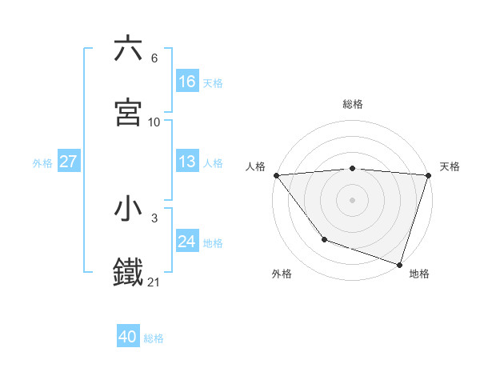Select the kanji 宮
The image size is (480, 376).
[x=128, y=112]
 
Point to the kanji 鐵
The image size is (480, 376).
[x=128, y=272]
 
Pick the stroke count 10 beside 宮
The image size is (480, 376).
[x=154, y=122]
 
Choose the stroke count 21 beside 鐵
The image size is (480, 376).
[x=154, y=282]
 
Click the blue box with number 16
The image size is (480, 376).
[x=187, y=81]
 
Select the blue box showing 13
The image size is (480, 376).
[x=187, y=162]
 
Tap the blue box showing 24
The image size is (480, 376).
[x=187, y=242]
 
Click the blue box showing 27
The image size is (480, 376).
[x=69, y=162]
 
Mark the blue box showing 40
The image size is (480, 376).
[x=128, y=337]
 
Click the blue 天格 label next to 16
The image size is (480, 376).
[x=213, y=82]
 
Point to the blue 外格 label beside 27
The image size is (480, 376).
[x=42, y=163]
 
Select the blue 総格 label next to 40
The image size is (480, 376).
[x=154, y=338]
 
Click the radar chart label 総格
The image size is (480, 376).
[x=353, y=104]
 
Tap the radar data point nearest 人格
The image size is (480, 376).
[x=276, y=174]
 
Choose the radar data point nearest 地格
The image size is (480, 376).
[x=399, y=264]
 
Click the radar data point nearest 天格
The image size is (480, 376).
[x=428, y=175]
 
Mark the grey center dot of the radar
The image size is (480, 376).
[x=352, y=199]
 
